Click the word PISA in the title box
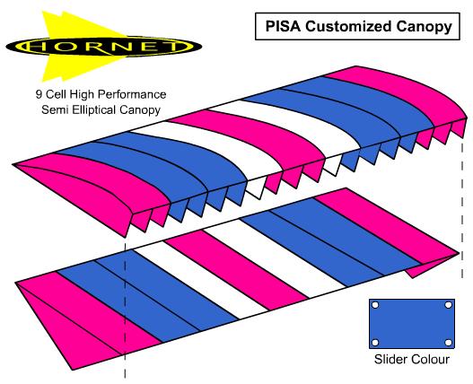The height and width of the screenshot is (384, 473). point(283,26)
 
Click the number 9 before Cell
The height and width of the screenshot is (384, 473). point(39,94)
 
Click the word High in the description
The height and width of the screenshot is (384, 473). point(82,95)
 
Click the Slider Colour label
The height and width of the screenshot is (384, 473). point(412,359)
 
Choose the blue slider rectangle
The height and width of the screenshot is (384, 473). point(412,324)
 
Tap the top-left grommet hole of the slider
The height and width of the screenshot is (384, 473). point(375,305)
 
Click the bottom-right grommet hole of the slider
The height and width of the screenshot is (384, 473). point(449,343)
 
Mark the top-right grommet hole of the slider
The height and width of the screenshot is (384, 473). point(449,305)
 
